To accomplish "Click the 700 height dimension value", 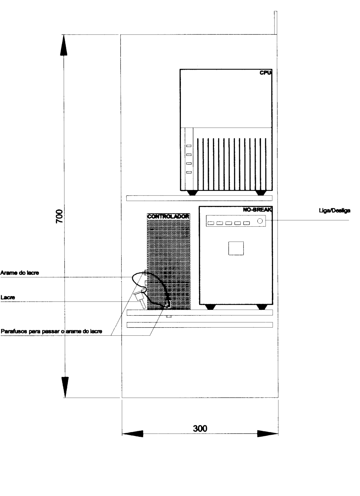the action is click(60, 216).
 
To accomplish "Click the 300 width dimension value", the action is click(200, 429).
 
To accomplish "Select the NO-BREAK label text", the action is click(257, 210).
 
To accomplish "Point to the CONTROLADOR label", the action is click(168, 217).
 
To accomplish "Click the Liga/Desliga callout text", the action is click(335, 211).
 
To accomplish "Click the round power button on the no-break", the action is click(260, 221).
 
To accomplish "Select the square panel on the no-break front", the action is click(236, 248).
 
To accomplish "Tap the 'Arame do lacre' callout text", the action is click(20, 273).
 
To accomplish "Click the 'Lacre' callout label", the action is click(8, 297).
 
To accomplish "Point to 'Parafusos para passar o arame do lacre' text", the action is click(52, 332).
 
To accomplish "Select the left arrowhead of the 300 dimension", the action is click(132, 433).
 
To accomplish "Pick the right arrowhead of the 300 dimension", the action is click(268, 433).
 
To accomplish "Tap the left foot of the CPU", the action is click(192, 193).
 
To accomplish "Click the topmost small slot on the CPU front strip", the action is click(189, 146).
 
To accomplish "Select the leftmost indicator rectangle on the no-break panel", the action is click(211, 223).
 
